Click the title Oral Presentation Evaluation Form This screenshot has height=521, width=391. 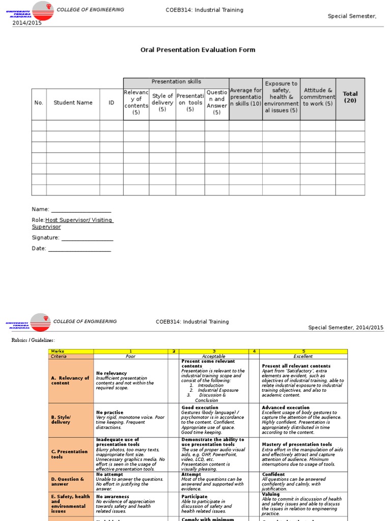click(x=198, y=50)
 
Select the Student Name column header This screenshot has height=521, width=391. click(x=73, y=103)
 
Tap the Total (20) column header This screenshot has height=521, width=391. click(x=350, y=97)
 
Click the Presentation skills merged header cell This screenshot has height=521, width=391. click(x=176, y=82)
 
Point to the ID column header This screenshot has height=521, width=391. click(x=111, y=103)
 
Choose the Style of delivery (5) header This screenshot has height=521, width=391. click(x=162, y=102)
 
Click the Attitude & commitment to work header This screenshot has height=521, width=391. click(x=318, y=97)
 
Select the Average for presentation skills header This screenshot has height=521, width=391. click(x=245, y=97)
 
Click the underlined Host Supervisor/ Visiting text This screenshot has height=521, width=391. click(x=79, y=220)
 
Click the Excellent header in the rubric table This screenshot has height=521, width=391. click(x=303, y=356)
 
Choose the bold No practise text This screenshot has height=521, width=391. click(x=109, y=413)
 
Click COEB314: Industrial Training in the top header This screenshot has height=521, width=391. click(x=205, y=10)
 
